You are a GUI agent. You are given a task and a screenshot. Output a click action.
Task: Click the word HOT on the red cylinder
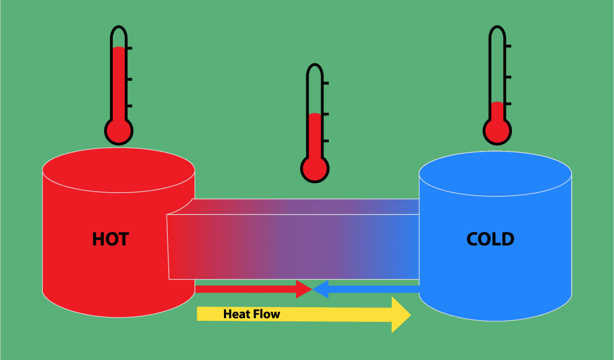(x=111, y=239)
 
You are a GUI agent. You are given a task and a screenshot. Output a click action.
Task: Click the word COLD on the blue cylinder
(x=490, y=239)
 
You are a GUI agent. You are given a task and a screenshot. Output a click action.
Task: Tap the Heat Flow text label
(x=251, y=314)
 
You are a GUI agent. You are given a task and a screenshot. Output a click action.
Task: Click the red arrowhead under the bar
(x=303, y=289)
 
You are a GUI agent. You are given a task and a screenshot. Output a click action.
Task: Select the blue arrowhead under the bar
(x=320, y=289)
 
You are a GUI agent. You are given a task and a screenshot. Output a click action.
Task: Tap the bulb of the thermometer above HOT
(x=119, y=131)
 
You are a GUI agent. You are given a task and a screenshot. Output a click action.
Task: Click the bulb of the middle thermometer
(x=315, y=169)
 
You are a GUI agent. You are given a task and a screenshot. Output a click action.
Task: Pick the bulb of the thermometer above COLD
(x=498, y=131)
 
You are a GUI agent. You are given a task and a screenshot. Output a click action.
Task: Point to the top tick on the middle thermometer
(x=326, y=84)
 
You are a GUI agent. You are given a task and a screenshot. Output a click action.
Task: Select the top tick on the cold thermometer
(x=508, y=46)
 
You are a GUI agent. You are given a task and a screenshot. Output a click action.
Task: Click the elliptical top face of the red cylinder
(x=119, y=170)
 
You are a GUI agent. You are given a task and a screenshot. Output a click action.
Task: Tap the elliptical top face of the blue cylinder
(x=495, y=174)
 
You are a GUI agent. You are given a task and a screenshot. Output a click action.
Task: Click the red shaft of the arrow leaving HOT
(x=246, y=289)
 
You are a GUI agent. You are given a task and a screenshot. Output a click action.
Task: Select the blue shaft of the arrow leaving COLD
(x=374, y=289)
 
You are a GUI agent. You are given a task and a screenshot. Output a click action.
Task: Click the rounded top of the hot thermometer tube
(x=119, y=28)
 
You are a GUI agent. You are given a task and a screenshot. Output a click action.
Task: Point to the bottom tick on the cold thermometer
(x=508, y=104)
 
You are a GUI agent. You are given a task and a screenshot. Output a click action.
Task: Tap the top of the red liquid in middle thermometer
(x=315, y=114)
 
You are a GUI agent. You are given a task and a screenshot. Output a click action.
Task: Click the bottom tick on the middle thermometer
(x=326, y=141)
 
